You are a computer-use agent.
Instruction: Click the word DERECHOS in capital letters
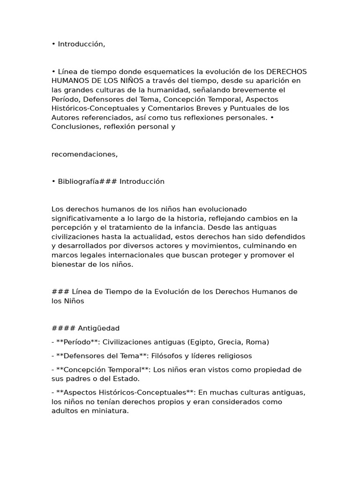[x=286, y=72]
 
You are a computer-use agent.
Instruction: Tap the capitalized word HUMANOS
[x=68, y=81]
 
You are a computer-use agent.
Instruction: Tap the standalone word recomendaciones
[x=84, y=154]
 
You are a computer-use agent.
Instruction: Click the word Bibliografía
[x=78, y=181]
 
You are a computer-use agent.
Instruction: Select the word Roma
[x=257, y=342]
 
